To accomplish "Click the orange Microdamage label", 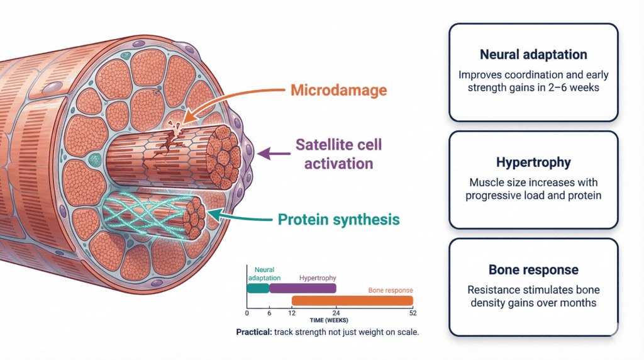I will [x=338, y=90].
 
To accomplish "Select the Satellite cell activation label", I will [x=338, y=154].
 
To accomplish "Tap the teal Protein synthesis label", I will [x=338, y=220].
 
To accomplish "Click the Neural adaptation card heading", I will [x=533, y=54].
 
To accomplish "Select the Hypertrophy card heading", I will [x=533, y=162].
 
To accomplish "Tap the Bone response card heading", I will [x=533, y=270].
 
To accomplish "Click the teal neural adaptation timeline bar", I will [x=258, y=288].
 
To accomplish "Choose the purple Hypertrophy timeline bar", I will [x=303, y=288].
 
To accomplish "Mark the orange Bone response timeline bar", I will [x=352, y=300].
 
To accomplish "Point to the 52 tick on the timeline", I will [x=413, y=313].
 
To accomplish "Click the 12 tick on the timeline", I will [x=292, y=313].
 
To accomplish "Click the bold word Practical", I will [x=253, y=332].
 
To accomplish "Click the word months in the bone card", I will [x=577, y=303].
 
